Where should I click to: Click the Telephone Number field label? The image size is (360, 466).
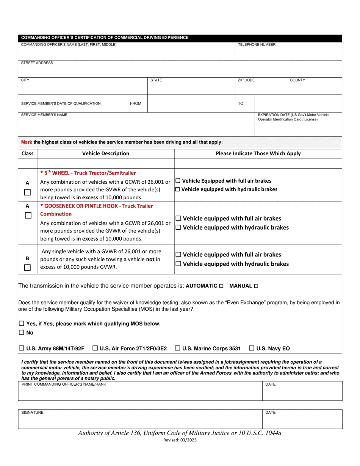pyautogui.click(x=256, y=45)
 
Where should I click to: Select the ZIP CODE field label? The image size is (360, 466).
pyautogui.click(x=246, y=80)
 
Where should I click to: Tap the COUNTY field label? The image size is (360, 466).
pyautogui.click(x=297, y=80)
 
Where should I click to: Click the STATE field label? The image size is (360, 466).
pyautogui.click(x=156, y=80)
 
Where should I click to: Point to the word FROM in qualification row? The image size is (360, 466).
pyautogui.click(x=136, y=103)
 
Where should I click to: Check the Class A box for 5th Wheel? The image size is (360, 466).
pyautogui.click(x=27, y=192)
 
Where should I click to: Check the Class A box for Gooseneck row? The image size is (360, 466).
pyautogui.click(x=27, y=216)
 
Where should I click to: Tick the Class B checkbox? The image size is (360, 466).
pyautogui.click(x=27, y=268)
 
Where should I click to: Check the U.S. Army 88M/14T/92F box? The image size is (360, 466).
pyautogui.click(x=22, y=348)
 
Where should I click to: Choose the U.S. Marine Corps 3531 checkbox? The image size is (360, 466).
pyautogui.click(x=178, y=348)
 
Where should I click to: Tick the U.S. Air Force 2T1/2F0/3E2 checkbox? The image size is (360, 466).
pyautogui.click(x=95, y=348)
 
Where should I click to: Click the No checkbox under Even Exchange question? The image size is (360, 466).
pyautogui.click(x=22, y=333)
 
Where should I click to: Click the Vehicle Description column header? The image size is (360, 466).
pyautogui.click(x=106, y=153)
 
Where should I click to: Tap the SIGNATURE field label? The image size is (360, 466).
pyautogui.click(x=32, y=413)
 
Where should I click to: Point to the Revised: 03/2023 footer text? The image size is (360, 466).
pyautogui.click(x=180, y=440)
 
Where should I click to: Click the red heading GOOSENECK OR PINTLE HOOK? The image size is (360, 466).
pyautogui.click(x=97, y=206)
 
